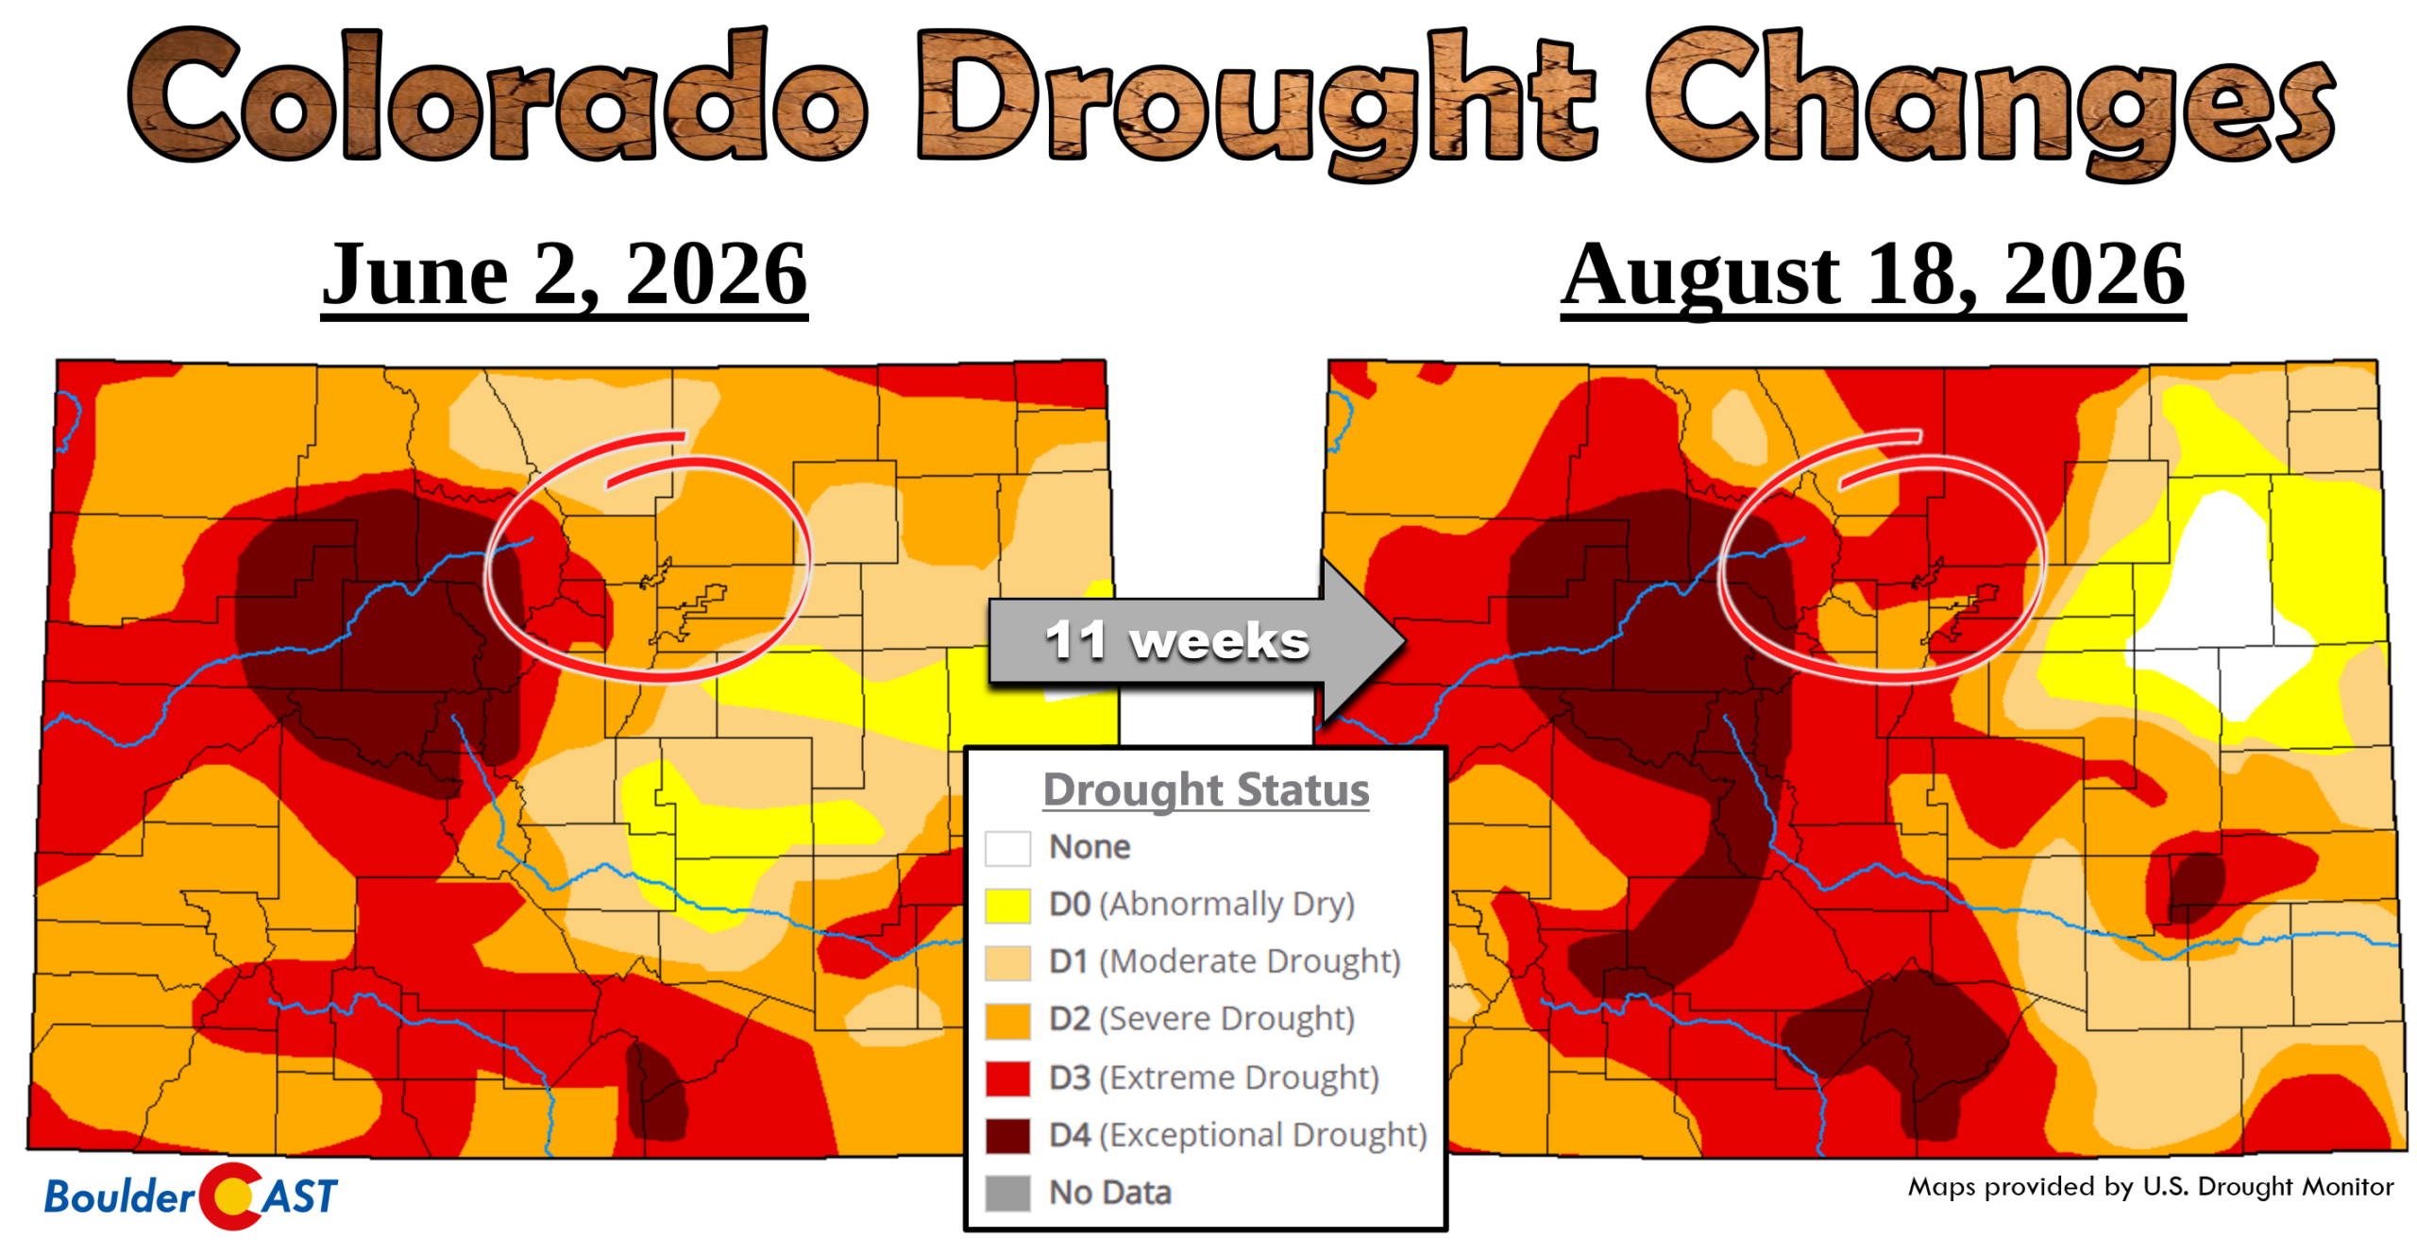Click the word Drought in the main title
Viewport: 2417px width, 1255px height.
1255,102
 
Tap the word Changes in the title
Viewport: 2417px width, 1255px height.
1991,102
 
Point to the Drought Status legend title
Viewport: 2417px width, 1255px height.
1206,789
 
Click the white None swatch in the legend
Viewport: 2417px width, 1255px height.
1007,848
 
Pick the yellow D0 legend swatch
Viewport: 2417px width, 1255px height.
1007,905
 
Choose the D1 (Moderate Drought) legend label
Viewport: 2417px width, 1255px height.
1225,961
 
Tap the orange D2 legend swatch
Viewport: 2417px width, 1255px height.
1007,1021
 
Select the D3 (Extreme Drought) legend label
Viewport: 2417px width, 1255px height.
1214,1077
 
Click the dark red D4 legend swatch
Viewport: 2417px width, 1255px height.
1007,1136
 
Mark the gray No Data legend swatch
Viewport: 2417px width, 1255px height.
1007,1193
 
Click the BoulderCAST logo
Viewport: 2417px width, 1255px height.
191,1196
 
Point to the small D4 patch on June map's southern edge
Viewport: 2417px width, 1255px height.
656,1090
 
